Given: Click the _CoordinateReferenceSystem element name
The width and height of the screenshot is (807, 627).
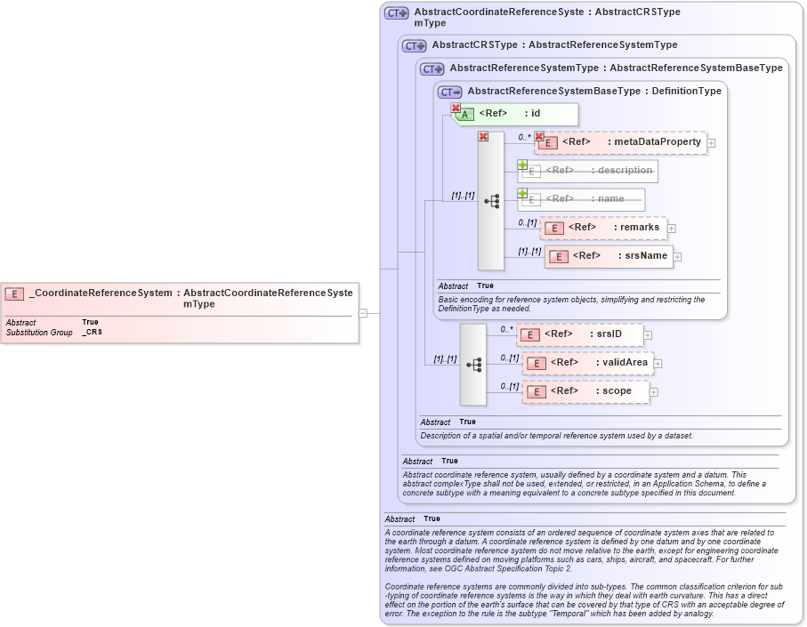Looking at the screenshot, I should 101,293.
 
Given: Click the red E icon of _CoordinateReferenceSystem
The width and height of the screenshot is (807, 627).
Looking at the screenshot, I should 14,293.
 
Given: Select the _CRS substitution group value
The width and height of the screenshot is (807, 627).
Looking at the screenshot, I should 92,332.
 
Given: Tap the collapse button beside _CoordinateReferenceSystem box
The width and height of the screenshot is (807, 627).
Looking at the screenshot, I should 363,313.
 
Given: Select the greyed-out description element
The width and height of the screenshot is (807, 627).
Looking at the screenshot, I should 588,171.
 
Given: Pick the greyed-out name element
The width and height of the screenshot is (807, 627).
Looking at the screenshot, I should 583,199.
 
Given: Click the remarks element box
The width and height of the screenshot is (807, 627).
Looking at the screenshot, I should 604,228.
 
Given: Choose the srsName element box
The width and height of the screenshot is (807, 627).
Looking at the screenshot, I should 609,256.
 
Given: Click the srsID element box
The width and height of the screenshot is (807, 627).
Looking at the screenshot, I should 580,334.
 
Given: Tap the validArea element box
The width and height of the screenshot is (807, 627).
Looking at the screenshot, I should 588,363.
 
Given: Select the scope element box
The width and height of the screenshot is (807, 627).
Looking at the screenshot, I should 585,391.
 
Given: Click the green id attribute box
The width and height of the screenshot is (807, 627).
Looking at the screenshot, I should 517,114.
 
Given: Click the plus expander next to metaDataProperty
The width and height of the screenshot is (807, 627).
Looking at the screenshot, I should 712,143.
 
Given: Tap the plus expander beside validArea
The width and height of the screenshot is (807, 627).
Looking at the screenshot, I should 658,364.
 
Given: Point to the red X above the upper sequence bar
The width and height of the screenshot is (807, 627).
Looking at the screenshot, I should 483,136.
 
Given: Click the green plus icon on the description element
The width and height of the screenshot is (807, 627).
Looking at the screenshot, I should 523,165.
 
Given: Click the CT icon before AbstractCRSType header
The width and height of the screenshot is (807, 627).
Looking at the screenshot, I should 415,45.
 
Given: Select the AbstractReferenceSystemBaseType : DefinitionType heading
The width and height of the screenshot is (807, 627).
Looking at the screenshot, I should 594,91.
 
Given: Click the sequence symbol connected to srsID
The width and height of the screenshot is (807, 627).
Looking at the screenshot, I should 473,365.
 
